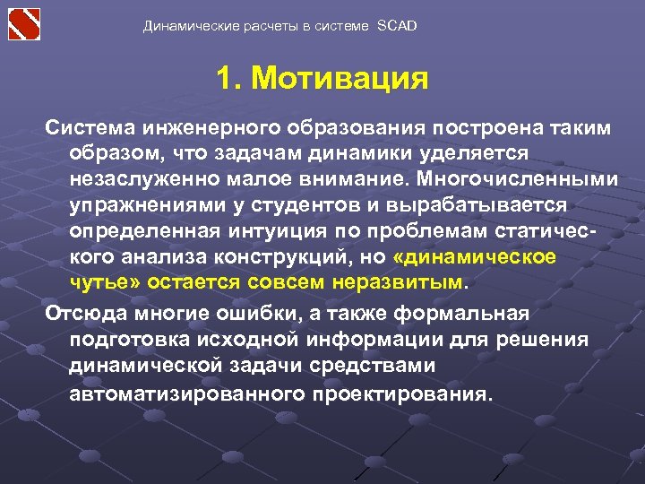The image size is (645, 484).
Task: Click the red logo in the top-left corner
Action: [25, 23]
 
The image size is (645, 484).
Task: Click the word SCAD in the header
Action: [398, 26]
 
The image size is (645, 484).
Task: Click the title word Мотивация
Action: [340, 79]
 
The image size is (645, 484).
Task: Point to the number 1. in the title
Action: [228, 79]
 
